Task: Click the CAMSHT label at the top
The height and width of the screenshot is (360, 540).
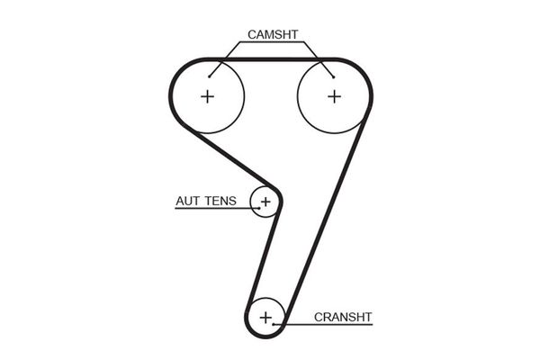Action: [272, 35]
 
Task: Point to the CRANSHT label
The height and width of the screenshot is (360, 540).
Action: [343, 317]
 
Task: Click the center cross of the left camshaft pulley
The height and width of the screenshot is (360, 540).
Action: [208, 96]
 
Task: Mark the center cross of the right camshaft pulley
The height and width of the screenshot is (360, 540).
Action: [334, 96]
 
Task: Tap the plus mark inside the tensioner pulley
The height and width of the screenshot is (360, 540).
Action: [265, 202]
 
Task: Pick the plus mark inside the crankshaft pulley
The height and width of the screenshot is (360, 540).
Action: [265, 317]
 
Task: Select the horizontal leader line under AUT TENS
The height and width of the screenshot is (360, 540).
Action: [216, 209]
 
